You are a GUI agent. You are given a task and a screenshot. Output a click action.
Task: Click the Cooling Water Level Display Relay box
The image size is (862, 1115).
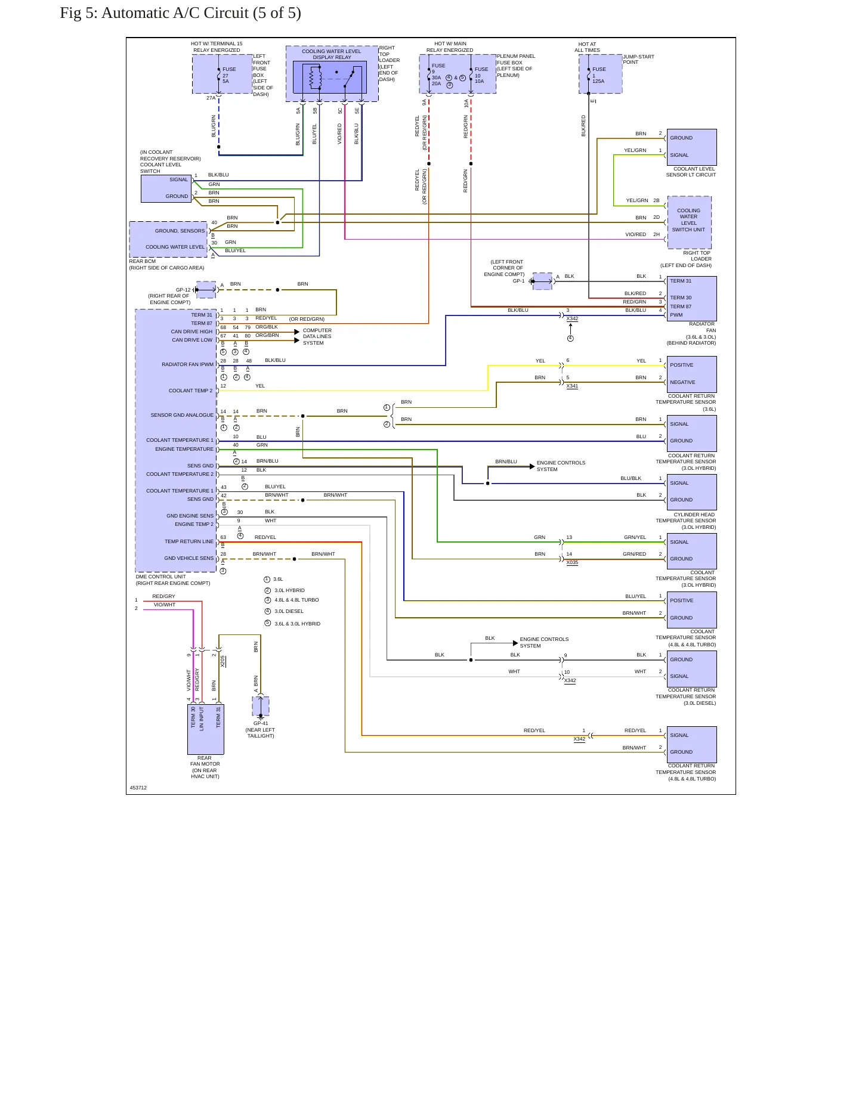pyautogui.click(x=332, y=74)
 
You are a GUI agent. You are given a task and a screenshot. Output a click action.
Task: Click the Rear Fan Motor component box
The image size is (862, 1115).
pyautogui.click(x=206, y=729)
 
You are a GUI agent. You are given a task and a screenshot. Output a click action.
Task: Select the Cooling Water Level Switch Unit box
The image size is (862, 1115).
pyautogui.click(x=690, y=222)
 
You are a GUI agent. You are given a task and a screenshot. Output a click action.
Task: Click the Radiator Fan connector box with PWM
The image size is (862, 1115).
pyautogui.click(x=691, y=298)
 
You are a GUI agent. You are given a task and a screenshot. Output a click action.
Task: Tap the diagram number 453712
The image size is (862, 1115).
pyautogui.click(x=138, y=788)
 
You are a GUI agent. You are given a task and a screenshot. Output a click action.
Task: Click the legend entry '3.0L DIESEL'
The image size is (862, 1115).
pyautogui.click(x=289, y=611)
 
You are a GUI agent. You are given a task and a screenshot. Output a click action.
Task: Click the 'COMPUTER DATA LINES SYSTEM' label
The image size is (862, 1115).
pyautogui.click(x=317, y=336)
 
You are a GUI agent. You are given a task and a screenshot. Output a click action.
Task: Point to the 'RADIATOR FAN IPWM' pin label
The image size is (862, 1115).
pyautogui.click(x=187, y=364)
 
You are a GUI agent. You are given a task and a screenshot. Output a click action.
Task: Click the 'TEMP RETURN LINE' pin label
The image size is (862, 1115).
pyautogui.click(x=189, y=541)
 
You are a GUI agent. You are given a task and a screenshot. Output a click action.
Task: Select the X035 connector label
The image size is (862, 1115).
pyautogui.click(x=572, y=562)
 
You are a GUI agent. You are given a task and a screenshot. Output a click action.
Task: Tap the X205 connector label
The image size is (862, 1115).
pyautogui.click(x=223, y=661)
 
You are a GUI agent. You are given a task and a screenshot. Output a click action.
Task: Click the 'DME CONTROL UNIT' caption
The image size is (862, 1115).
pyautogui.click(x=161, y=577)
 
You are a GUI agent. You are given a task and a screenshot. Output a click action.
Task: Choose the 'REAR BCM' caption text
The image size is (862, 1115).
pyautogui.click(x=143, y=261)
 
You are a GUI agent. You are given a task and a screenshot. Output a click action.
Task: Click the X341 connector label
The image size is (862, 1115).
pyautogui.click(x=572, y=386)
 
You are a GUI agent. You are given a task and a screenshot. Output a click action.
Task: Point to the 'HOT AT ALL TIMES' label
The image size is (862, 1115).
pyautogui.click(x=587, y=47)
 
